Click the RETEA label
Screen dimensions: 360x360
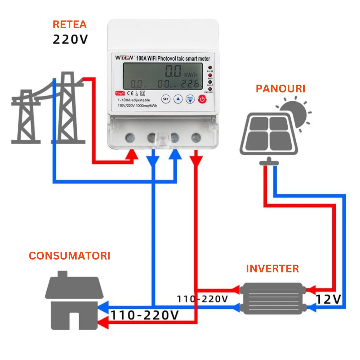(x=70, y=25)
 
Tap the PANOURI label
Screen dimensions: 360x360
(x=280, y=89)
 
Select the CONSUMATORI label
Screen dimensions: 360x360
(x=70, y=256)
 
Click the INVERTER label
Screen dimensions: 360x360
(x=272, y=269)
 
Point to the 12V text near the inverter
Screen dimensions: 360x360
(x=328, y=299)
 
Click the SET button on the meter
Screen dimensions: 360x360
(x=166, y=99)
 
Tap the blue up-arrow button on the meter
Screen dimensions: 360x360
(x=178, y=99)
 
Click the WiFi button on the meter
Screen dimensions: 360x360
(x=190, y=99)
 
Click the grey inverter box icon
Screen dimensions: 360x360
(x=272, y=298)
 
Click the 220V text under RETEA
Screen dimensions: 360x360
(x=70, y=39)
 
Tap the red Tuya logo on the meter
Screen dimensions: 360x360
(x=120, y=93)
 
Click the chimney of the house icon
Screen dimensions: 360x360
(x=62, y=274)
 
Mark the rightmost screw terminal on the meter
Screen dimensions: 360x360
(x=196, y=138)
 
